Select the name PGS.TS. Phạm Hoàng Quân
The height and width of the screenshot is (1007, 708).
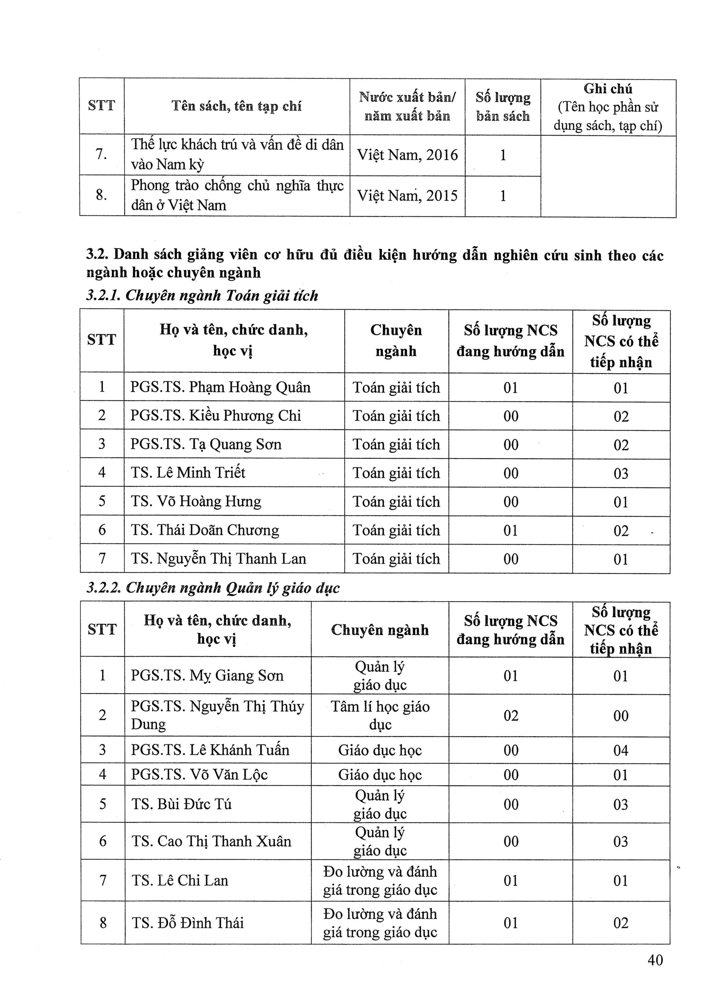click(x=220, y=387)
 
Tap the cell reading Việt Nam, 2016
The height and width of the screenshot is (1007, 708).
click(x=407, y=155)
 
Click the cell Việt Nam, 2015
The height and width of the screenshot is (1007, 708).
click(x=407, y=195)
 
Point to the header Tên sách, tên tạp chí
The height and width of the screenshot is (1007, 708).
click(x=236, y=106)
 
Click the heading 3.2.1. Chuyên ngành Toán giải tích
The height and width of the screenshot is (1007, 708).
click(x=202, y=295)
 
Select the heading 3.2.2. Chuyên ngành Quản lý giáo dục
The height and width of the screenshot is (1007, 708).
click(x=213, y=588)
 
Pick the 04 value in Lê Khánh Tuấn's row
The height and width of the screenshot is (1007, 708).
click(x=620, y=750)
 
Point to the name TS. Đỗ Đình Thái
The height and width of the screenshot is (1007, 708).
click(x=187, y=922)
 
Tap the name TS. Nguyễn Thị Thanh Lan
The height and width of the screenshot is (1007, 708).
click(x=218, y=558)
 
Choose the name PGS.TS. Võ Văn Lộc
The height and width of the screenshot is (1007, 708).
click(x=199, y=775)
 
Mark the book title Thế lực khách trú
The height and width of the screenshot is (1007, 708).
click(x=237, y=154)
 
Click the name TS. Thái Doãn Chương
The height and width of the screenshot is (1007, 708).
click(x=205, y=530)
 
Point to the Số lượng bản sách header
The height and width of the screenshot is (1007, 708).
click(x=502, y=107)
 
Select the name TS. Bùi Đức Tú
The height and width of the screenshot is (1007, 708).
click(x=181, y=804)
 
